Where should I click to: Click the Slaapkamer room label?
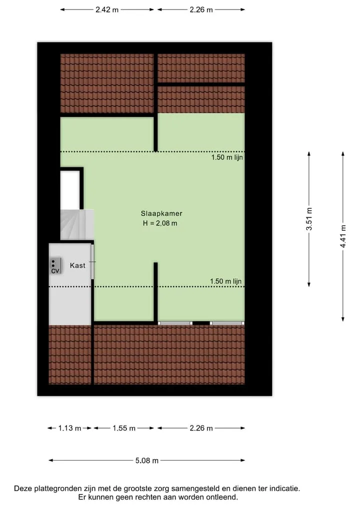(x=161, y=213)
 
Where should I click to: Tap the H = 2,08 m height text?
(x=160, y=223)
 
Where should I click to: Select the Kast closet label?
(x=77, y=265)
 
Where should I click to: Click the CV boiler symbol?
(x=55, y=266)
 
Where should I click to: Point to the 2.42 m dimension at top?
(x=107, y=9)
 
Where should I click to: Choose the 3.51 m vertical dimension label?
(x=309, y=219)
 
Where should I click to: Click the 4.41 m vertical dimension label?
(x=343, y=236)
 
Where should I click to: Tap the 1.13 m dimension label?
(x=69, y=428)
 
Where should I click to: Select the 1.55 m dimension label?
(x=124, y=428)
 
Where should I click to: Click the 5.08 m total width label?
(x=147, y=461)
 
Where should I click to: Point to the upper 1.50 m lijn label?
(x=227, y=157)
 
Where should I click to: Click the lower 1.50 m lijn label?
(x=225, y=281)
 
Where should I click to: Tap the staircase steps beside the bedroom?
(x=77, y=225)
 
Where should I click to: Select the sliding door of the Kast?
(x=92, y=262)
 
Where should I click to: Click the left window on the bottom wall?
(x=175, y=323)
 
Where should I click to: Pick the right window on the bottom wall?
(x=227, y=323)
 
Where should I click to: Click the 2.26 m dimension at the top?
(x=201, y=9)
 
